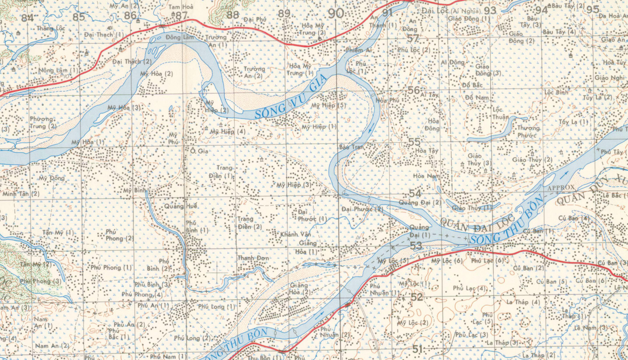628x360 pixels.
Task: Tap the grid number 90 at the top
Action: tap(336, 14)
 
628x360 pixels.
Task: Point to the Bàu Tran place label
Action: tap(351, 147)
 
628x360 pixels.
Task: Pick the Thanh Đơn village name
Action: tap(253, 258)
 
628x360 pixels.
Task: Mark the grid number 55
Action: tap(414, 142)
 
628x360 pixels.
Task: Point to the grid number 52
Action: tap(417, 297)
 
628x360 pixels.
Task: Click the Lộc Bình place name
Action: tap(556, 93)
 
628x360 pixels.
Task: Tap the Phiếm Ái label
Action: tap(359, 50)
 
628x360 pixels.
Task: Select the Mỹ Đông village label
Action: tap(52, 178)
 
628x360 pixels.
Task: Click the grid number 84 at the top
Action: tap(27, 18)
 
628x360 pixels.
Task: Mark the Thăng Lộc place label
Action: tap(51, 28)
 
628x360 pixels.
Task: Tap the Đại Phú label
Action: tap(255, 19)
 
